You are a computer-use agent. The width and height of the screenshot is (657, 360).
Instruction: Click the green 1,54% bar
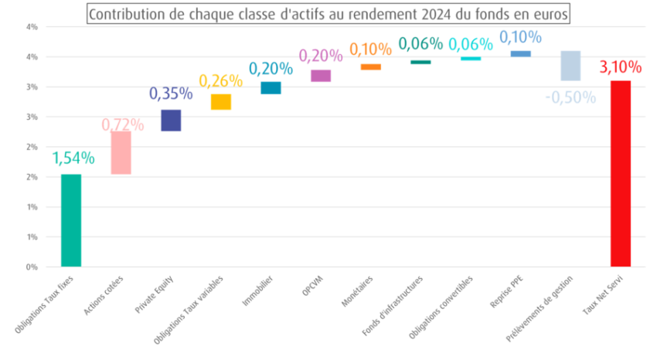70,219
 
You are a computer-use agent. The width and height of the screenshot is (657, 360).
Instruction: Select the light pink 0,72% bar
121,153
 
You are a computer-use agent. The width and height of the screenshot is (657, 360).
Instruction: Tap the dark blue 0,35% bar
171,121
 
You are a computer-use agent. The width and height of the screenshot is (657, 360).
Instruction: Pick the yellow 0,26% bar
220,102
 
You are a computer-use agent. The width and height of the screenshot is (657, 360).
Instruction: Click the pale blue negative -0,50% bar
570,66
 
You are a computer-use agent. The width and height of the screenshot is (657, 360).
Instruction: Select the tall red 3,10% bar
620,173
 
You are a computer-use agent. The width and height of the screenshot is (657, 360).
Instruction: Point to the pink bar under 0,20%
320,76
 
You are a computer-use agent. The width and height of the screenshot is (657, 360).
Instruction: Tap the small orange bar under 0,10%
370,67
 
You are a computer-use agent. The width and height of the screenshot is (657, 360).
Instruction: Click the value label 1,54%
73,158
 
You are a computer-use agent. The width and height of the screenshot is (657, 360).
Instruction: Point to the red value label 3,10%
620,67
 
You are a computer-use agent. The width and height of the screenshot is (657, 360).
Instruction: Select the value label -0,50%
570,97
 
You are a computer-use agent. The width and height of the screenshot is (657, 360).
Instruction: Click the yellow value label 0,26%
220,80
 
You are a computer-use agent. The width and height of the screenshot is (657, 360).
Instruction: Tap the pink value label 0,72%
122,124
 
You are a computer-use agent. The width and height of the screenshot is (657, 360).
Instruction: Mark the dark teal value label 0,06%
420,44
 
